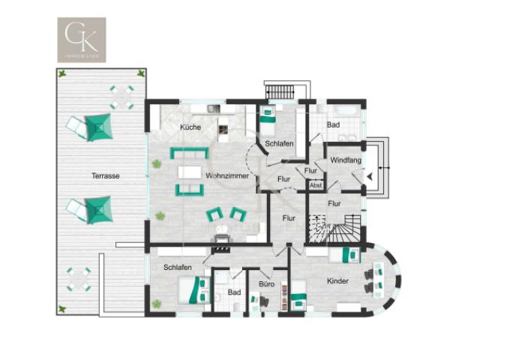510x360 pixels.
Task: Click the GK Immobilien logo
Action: (x=82, y=40)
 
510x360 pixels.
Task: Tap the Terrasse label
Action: (x=106, y=176)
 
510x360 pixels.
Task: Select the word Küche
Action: (x=190, y=127)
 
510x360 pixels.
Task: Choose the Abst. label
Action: (x=316, y=185)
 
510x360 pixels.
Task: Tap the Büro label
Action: (x=266, y=285)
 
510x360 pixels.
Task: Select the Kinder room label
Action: (x=337, y=281)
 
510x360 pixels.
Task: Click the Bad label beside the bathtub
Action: (x=334, y=125)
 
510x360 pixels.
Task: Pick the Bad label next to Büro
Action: (x=234, y=292)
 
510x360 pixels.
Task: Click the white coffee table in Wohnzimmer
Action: (x=189, y=172)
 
